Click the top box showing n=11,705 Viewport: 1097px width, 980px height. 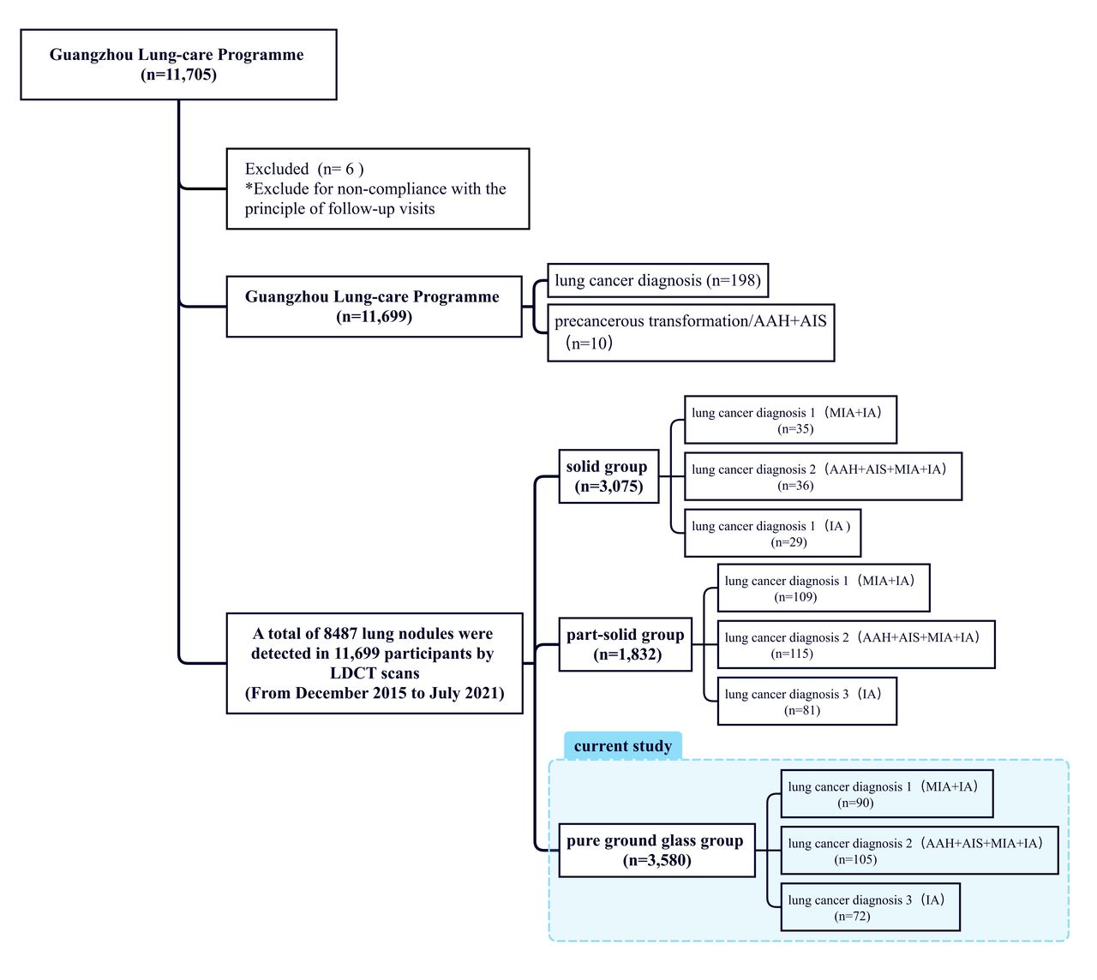178,64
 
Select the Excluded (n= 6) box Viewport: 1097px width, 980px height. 377,188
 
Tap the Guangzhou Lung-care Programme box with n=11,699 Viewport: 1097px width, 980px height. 374,307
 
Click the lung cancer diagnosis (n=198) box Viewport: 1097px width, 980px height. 657,280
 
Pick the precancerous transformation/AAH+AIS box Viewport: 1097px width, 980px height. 691,332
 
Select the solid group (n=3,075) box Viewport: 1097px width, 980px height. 608,476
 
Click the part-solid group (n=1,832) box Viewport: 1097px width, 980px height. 625,644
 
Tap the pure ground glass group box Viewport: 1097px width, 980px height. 656,850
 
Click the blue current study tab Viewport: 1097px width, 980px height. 623,745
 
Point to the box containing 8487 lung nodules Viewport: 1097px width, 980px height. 375,663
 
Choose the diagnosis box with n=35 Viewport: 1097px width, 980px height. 790,420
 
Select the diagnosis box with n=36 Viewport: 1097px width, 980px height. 823,476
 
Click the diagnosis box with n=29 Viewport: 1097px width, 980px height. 772,533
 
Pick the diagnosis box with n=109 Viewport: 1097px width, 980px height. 823,588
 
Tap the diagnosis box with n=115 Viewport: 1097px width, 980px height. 856,644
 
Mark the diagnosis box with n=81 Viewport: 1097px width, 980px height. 806,701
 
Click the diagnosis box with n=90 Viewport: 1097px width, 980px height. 886,793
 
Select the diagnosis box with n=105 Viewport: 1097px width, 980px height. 919,850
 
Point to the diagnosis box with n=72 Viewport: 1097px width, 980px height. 870,907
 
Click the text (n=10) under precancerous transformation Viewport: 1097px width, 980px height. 589,343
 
